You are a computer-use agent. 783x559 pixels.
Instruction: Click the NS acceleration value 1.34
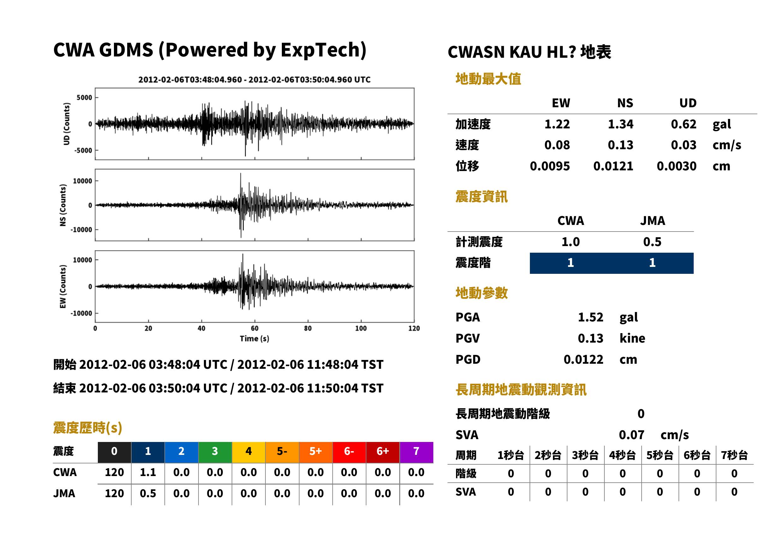620,124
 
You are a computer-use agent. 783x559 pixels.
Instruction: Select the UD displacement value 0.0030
676,166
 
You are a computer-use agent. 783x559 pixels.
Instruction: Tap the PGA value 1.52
590,317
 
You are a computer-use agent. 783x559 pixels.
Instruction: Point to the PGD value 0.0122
583,359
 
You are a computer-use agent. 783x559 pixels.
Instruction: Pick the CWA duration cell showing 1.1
148,472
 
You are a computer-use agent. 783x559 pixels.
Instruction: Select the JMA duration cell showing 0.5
148,493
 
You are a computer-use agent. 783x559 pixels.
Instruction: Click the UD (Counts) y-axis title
67,124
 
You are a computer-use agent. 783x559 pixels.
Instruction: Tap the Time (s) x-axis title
254,339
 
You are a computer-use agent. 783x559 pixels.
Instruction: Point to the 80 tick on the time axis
308,328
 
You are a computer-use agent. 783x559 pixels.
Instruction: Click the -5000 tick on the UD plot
84,150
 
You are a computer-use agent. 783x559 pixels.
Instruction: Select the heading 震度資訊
481,197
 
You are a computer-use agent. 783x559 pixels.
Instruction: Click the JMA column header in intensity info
653,220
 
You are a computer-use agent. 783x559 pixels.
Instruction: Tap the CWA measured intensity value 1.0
571,242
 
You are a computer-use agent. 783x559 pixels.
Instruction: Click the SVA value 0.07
632,435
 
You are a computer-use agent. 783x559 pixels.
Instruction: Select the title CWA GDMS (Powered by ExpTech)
210,50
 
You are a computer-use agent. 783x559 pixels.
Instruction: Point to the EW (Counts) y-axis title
63,286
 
